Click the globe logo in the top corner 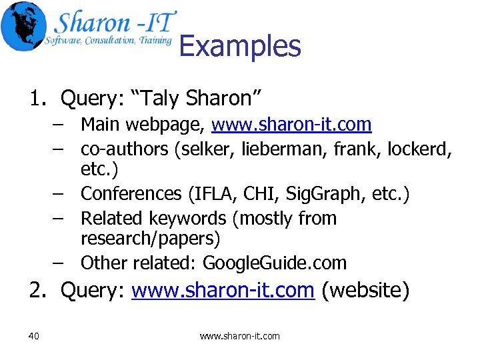click(x=24, y=26)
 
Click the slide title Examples click(x=240, y=47)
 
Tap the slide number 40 click(x=34, y=336)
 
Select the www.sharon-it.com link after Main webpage click(x=291, y=125)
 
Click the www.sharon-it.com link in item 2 click(x=223, y=290)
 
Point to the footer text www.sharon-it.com click(x=240, y=336)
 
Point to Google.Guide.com click(x=275, y=263)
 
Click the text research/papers click(x=150, y=238)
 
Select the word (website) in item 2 click(x=365, y=290)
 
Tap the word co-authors click(x=125, y=148)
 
